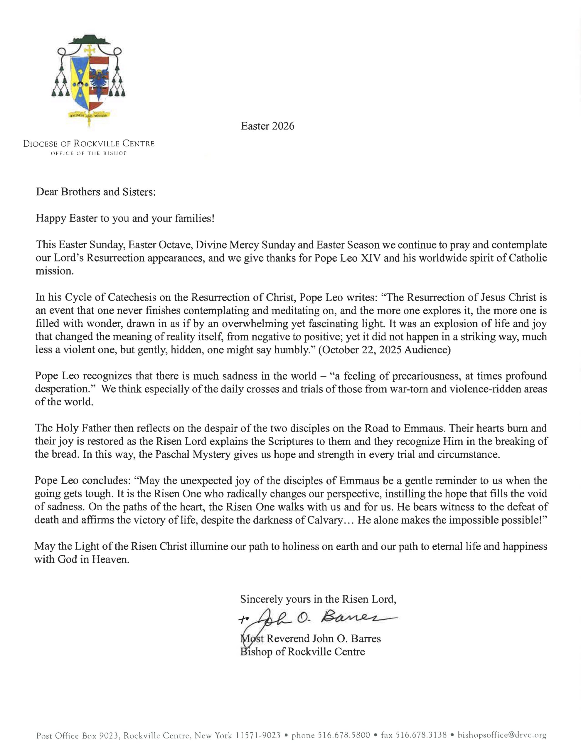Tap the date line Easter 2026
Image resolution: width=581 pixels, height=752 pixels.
click(267, 126)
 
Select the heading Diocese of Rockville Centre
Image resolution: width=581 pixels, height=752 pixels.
click(89, 144)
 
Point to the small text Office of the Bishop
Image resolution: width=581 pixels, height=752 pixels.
click(89, 153)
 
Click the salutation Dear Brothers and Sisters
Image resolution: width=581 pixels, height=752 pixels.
click(96, 192)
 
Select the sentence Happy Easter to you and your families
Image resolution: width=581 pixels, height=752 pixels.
click(125, 218)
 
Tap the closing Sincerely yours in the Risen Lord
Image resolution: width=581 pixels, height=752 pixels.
click(318, 599)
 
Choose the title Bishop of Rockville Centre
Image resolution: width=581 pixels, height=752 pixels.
click(303, 652)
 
